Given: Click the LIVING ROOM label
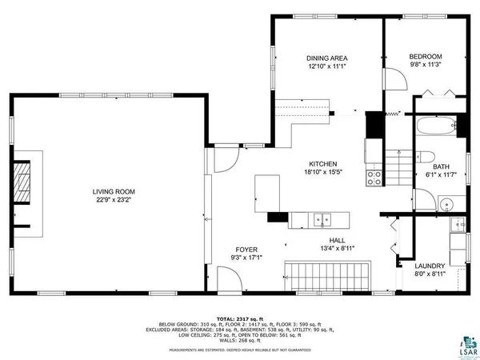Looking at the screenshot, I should (113, 191).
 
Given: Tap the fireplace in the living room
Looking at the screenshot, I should (22, 184).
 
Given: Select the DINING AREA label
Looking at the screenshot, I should (326, 58).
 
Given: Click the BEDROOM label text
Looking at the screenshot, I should (425, 56).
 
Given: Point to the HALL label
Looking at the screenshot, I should (337, 239).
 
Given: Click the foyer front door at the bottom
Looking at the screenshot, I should (227, 280).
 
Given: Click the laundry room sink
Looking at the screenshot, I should (456, 225).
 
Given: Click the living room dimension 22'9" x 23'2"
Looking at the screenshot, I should (113, 200).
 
